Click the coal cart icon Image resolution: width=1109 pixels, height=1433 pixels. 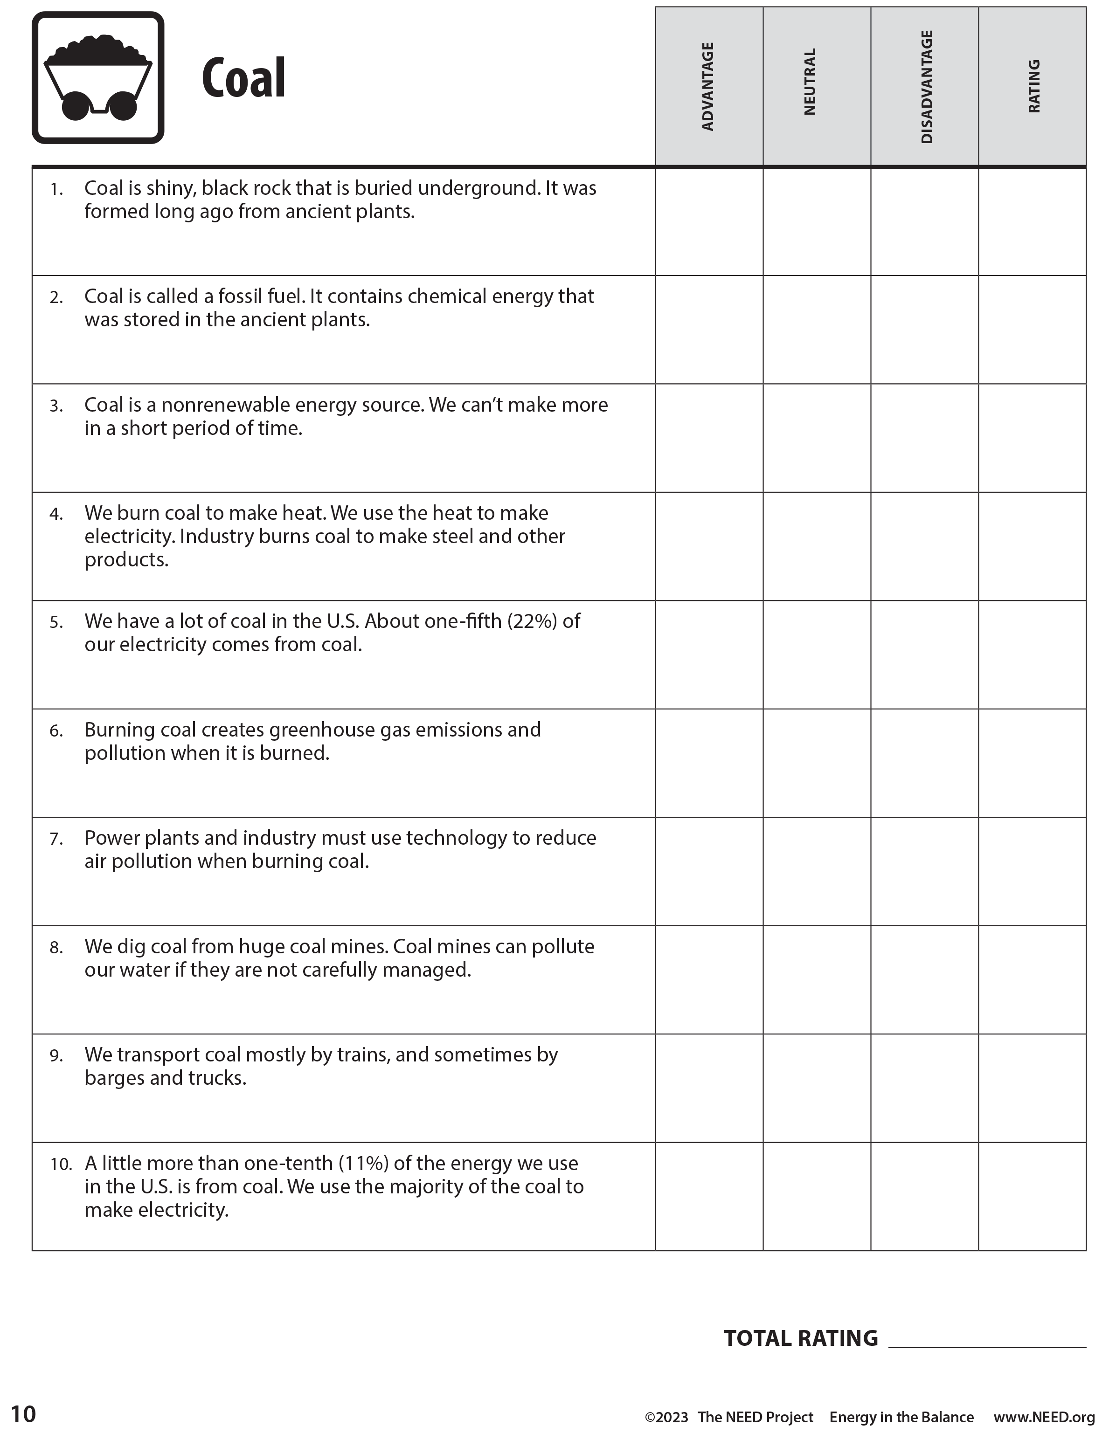pos(98,77)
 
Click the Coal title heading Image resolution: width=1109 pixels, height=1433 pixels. pos(243,79)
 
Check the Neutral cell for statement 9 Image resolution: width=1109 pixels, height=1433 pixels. pos(816,1088)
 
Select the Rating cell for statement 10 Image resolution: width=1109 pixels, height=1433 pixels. pos(1032,1196)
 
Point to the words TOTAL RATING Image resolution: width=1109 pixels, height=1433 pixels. pos(801,1338)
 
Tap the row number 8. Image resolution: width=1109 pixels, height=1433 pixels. pos(56,947)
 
